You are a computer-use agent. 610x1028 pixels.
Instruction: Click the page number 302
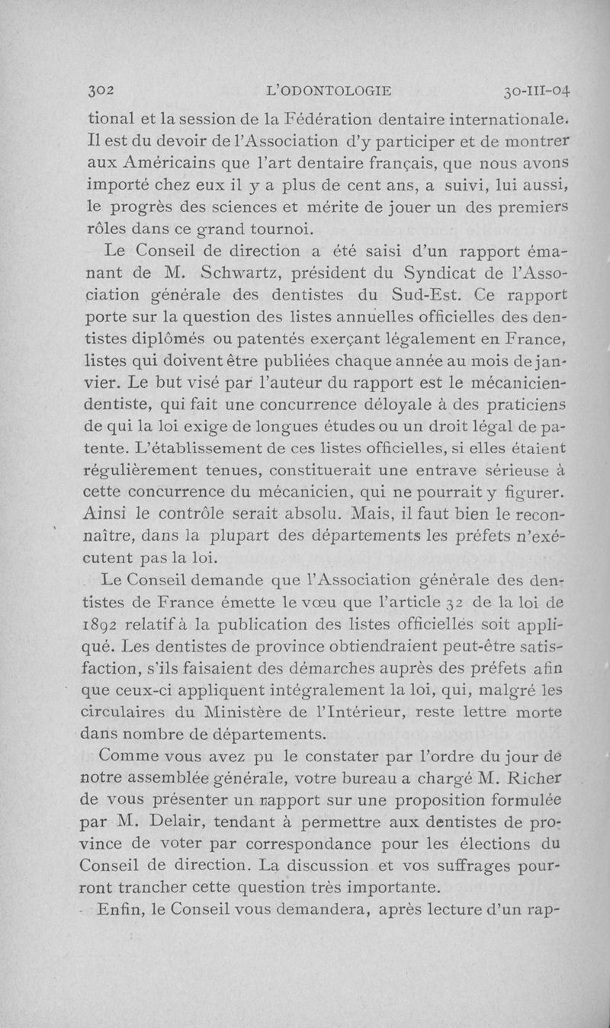pos(99,91)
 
